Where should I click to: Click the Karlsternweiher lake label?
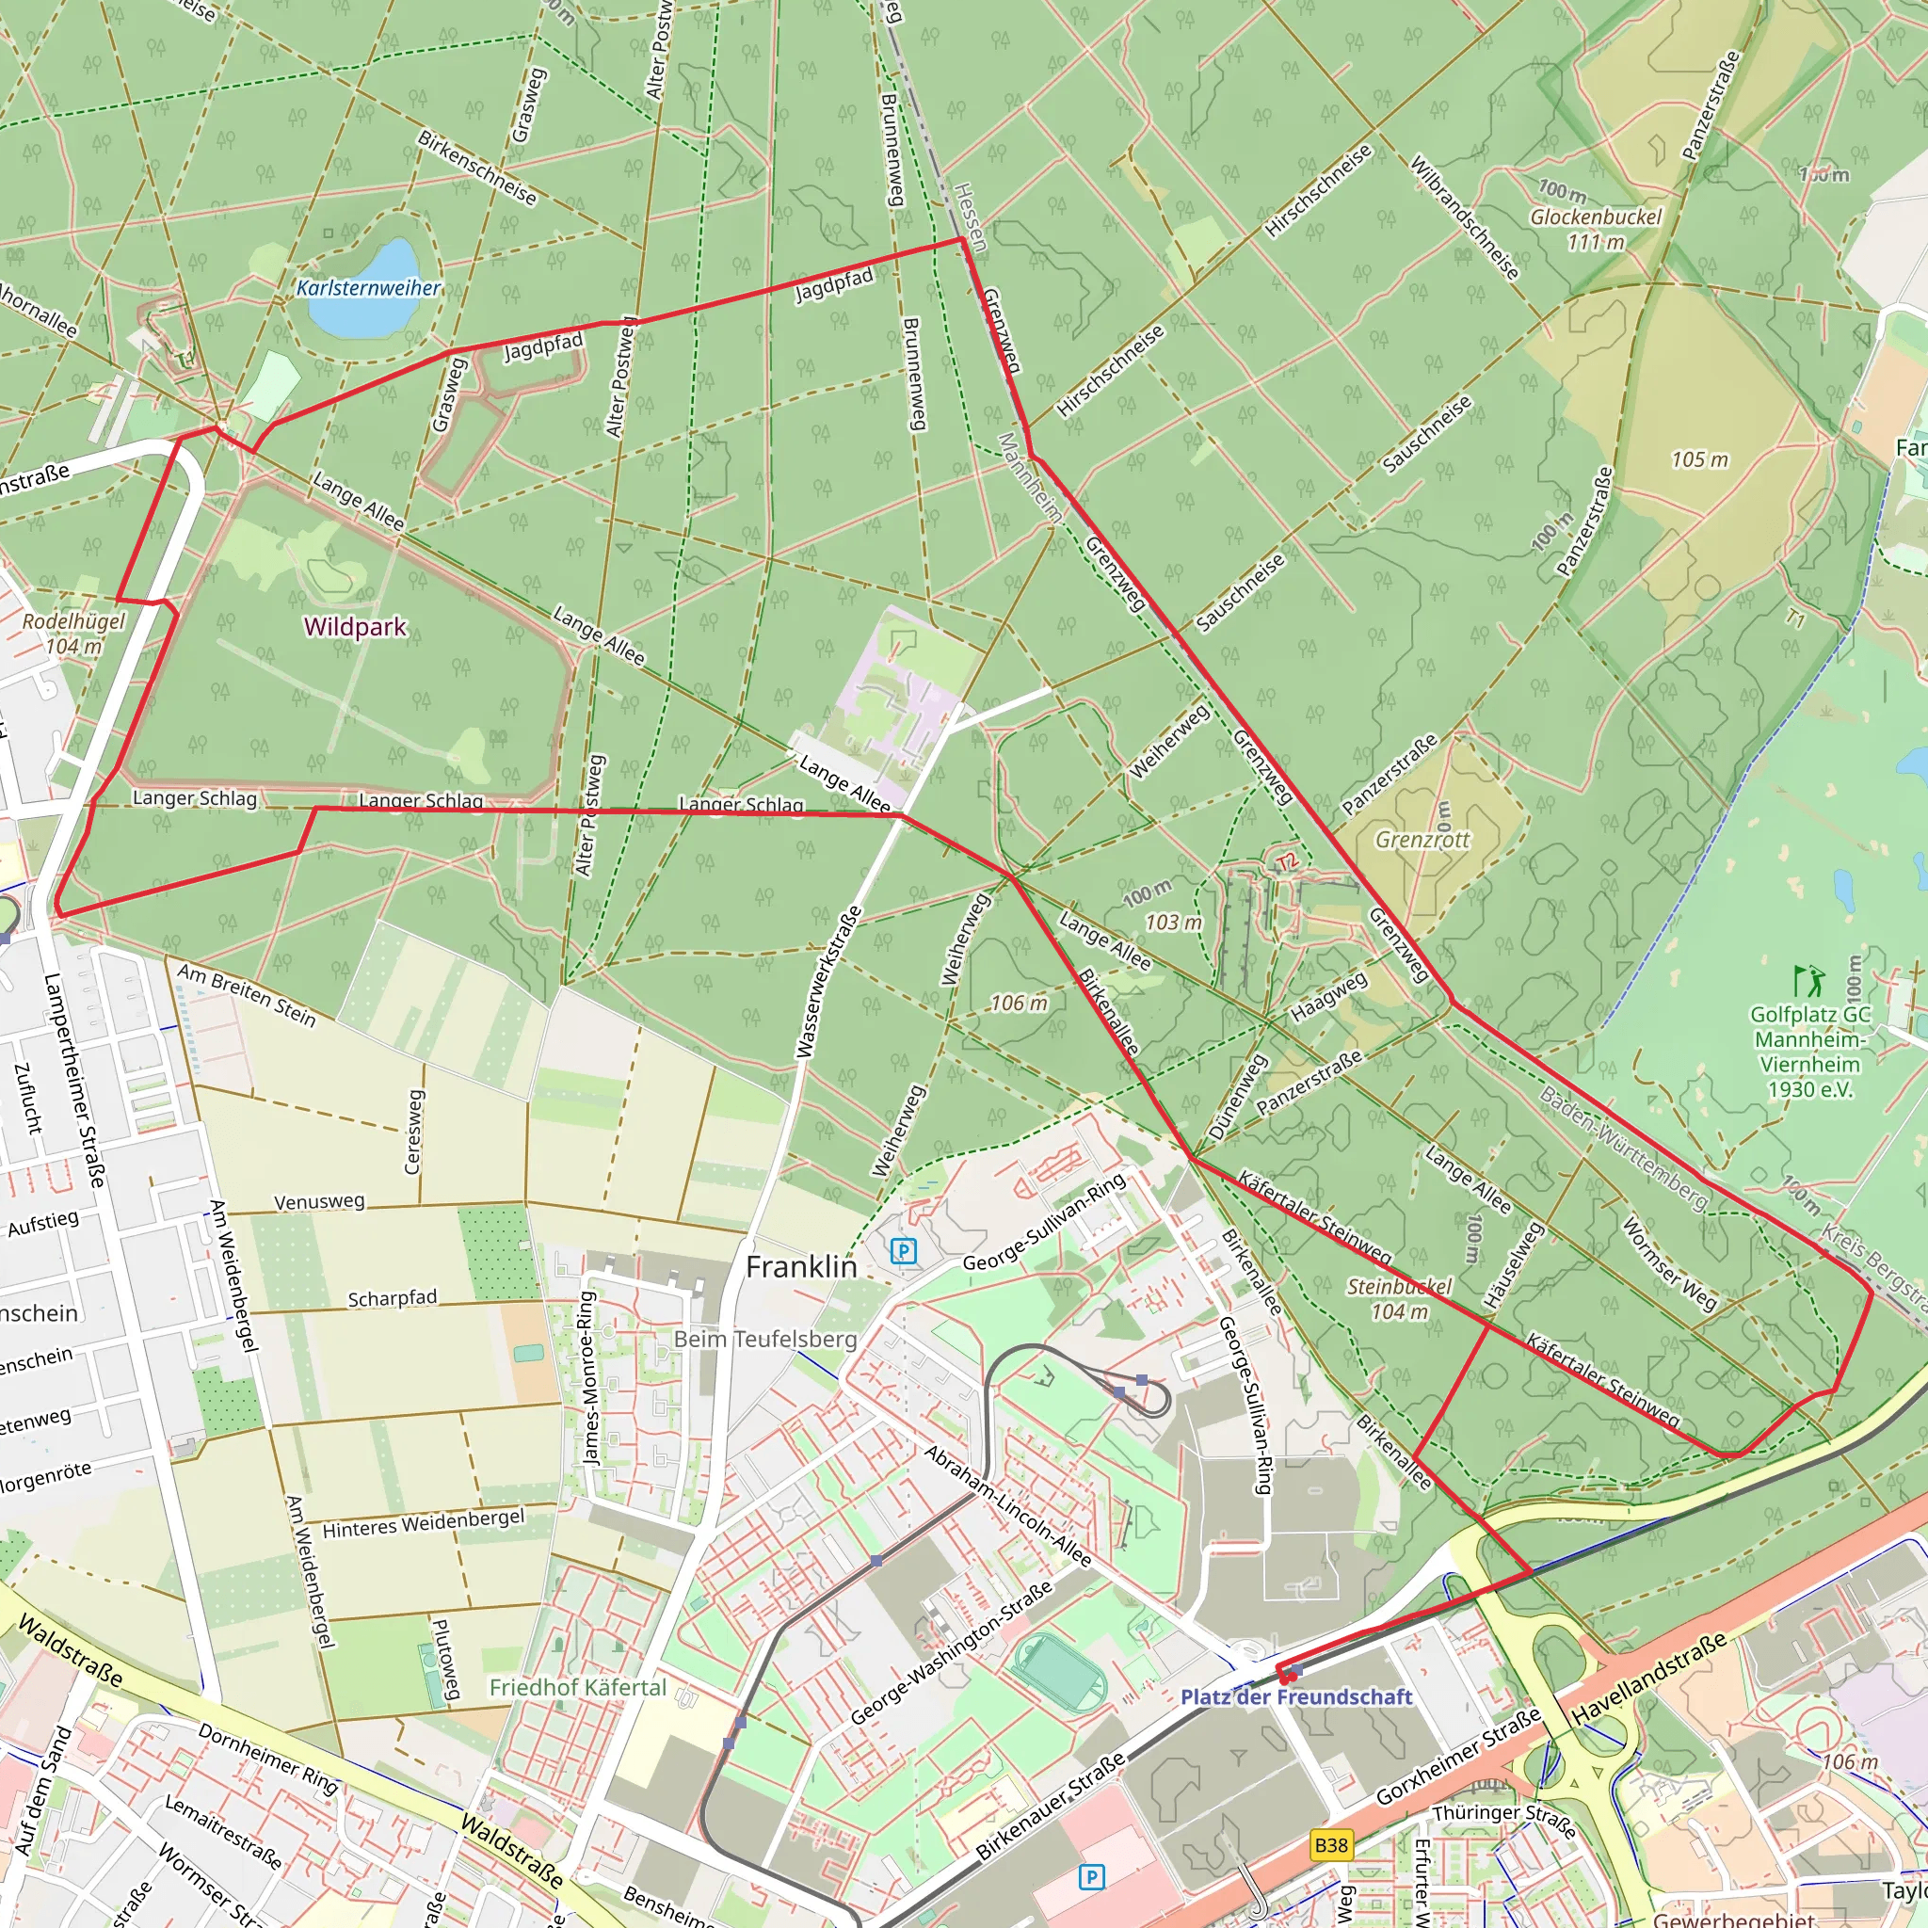click(x=368, y=288)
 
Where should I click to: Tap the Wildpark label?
click(x=355, y=627)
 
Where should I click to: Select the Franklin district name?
click(x=801, y=1266)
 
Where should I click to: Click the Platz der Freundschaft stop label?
click(x=1296, y=1696)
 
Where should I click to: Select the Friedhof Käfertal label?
click(x=577, y=1686)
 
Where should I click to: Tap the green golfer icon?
click(x=1809, y=981)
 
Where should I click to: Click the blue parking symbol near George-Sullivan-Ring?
click(x=903, y=1250)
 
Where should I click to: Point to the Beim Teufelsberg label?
click(x=765, y=1339)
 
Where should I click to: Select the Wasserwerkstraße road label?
click(x=829, y=983)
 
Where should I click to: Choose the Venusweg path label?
click(x=319, y=1201)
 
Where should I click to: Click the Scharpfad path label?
click(x=393, y=1297)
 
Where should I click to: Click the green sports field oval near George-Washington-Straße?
click(x=1060, y=1668)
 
